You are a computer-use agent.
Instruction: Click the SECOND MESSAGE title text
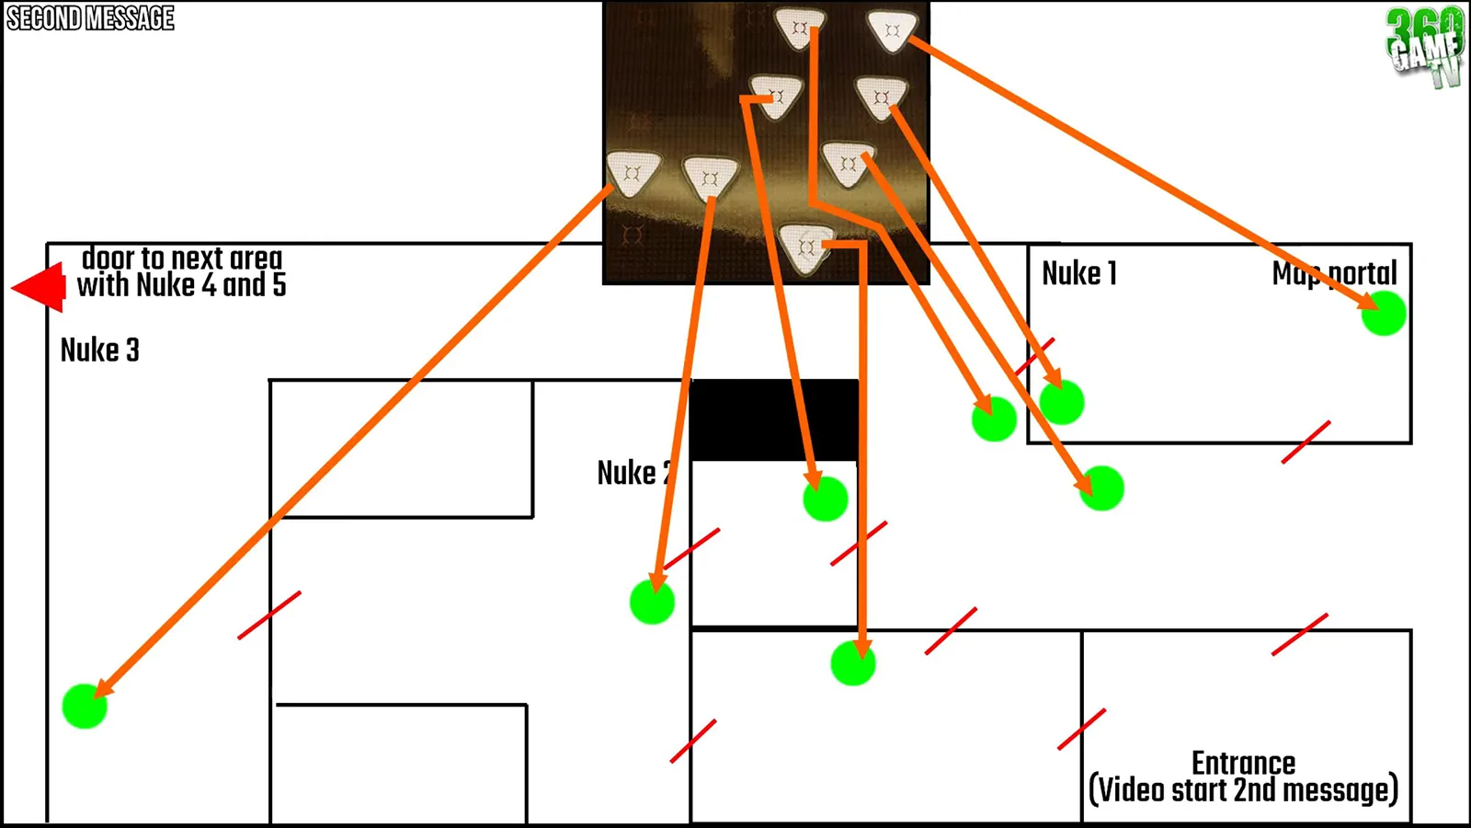tap(90, 18)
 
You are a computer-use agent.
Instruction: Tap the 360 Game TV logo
tap(1425, 46)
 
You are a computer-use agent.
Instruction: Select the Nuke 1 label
tap(1079, 273)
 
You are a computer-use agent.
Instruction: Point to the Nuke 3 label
tap(99, 350)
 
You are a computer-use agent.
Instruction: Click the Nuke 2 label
tap(634, 473)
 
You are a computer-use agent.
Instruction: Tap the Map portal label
tap(1334, 273)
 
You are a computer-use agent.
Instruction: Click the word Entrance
tap(1243, 763)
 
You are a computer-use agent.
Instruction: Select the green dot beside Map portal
tap(1383, 314)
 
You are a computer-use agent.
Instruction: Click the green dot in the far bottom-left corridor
tap(85, 706)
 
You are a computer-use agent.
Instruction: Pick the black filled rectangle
tap(774, 420)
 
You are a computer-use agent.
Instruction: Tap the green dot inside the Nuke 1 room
tap(1062, 402)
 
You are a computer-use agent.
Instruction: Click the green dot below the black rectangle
tap(825, 499)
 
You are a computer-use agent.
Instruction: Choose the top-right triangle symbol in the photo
tap(891, 30)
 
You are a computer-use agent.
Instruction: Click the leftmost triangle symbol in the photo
tap(633, 172)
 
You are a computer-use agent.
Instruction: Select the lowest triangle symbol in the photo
tap(805, 247)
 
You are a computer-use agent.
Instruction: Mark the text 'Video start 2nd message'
tap(1243, 790)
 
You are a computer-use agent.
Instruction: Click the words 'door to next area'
tap(182, 258)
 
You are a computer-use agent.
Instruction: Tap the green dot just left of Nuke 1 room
tap(994, 420)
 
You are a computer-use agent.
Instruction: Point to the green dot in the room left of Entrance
tap(853, 663)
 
